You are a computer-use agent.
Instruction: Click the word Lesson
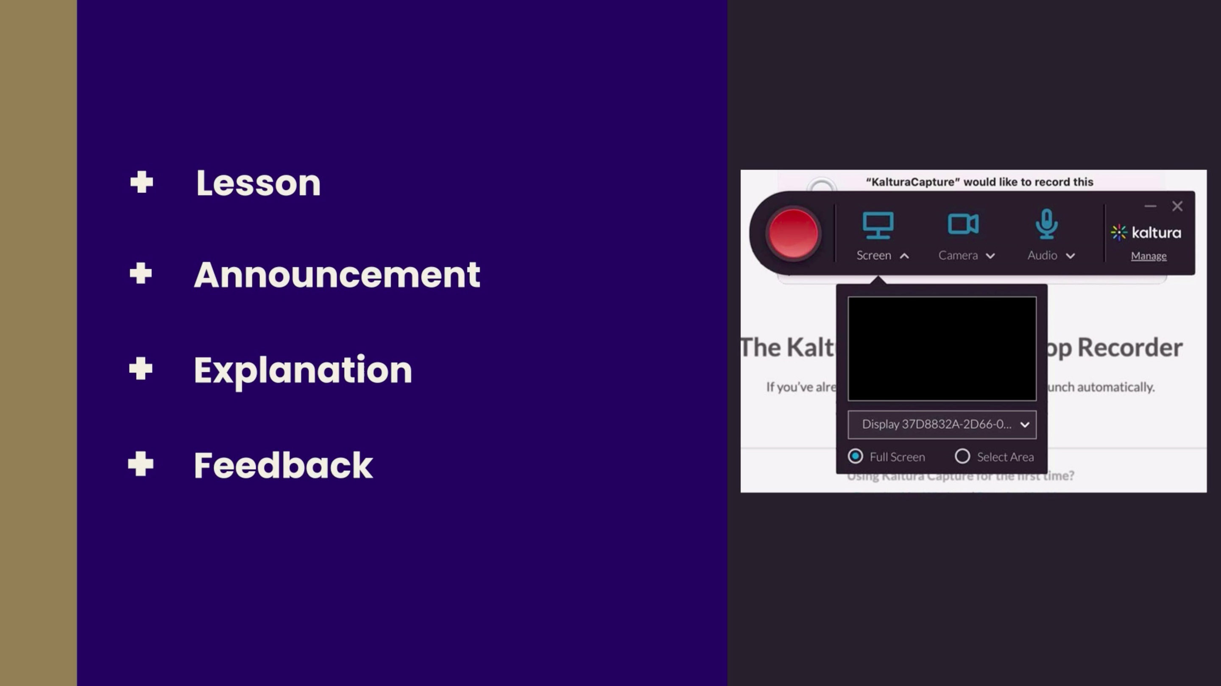[x=258, y=183]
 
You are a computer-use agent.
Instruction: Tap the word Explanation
[x=303, y=370]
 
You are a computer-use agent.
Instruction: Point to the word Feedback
[x=283, y=465]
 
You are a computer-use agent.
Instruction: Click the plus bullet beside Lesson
[x=141, y=182]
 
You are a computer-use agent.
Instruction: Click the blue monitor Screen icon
[x=878, y=225]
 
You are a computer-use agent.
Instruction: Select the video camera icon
[x=963, y=224]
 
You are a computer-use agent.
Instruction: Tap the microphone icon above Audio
[x=1046, y=224]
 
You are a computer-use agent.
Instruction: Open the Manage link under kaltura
[x=1149, y=256]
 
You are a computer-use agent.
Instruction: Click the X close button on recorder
[x=1177, y=206]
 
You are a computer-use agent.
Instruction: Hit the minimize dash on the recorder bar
[x=1150, y=206]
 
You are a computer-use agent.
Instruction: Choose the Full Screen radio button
[x=855, y=456]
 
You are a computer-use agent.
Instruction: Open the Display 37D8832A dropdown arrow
[x=1025, y=425]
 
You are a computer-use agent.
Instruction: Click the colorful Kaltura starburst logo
[x=1119, y=233]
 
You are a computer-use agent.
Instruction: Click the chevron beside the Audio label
[x=1070, y=256]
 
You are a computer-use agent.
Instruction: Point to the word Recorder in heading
[x=1130, y=347]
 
